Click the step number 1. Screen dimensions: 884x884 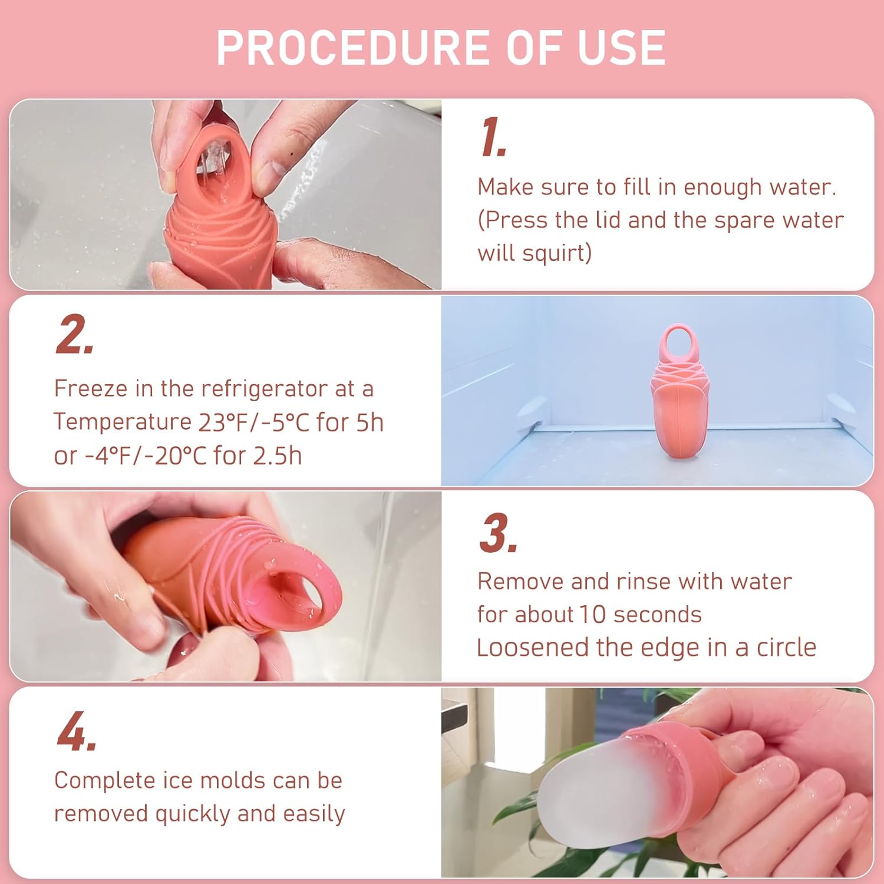pyautogui.click(x=493, y=138)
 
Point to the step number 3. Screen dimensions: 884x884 pyautogui.click(x=497, y=533)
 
